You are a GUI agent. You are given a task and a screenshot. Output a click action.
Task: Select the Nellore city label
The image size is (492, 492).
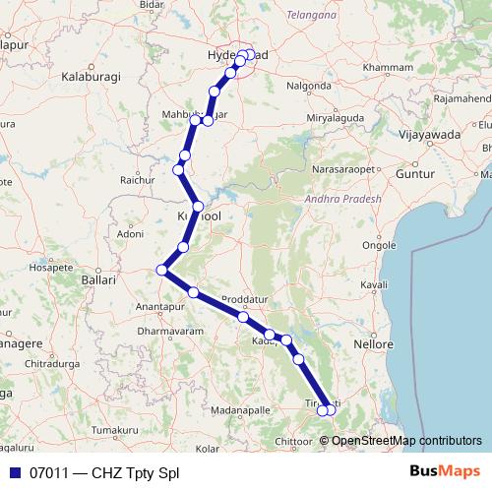pyautogui.click(x=375, y=345)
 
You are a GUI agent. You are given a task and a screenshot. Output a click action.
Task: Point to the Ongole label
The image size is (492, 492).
pyautogui.click(x=379, y=245)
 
